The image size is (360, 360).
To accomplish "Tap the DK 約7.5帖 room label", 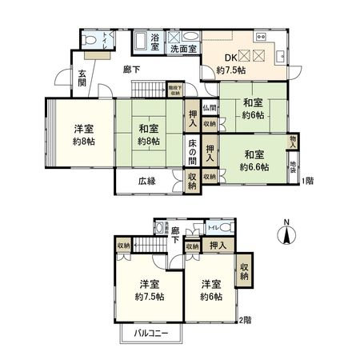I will (231, 63).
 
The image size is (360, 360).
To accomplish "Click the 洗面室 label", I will (182, 50).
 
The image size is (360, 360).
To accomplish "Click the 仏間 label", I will (209, 108).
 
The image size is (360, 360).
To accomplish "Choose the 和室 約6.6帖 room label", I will (254, 160).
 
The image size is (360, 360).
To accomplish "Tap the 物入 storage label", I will (293, 141).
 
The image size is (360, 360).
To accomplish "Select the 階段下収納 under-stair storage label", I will (174, 90).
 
